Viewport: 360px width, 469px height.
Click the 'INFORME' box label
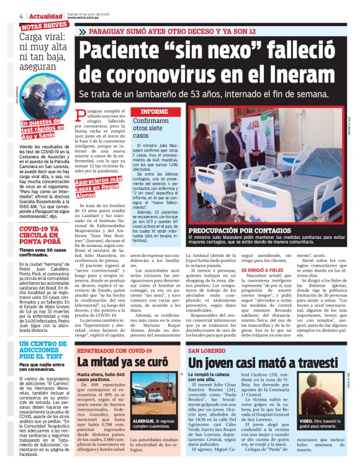click(x=155, y=112)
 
